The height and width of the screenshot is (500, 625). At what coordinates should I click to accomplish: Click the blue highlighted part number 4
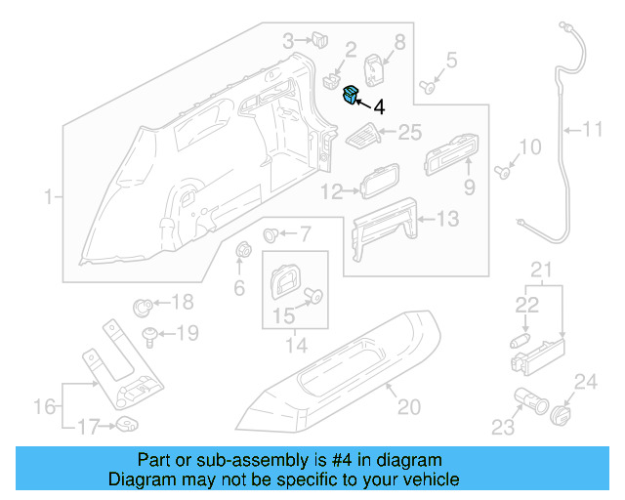click(x=350, y=95)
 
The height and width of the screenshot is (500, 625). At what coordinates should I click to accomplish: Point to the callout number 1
click(x=48, y=198)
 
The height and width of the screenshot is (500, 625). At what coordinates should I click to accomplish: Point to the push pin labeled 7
click(x=271, y=234)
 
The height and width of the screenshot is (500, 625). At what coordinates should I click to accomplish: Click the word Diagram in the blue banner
click(x=135, y=479)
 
